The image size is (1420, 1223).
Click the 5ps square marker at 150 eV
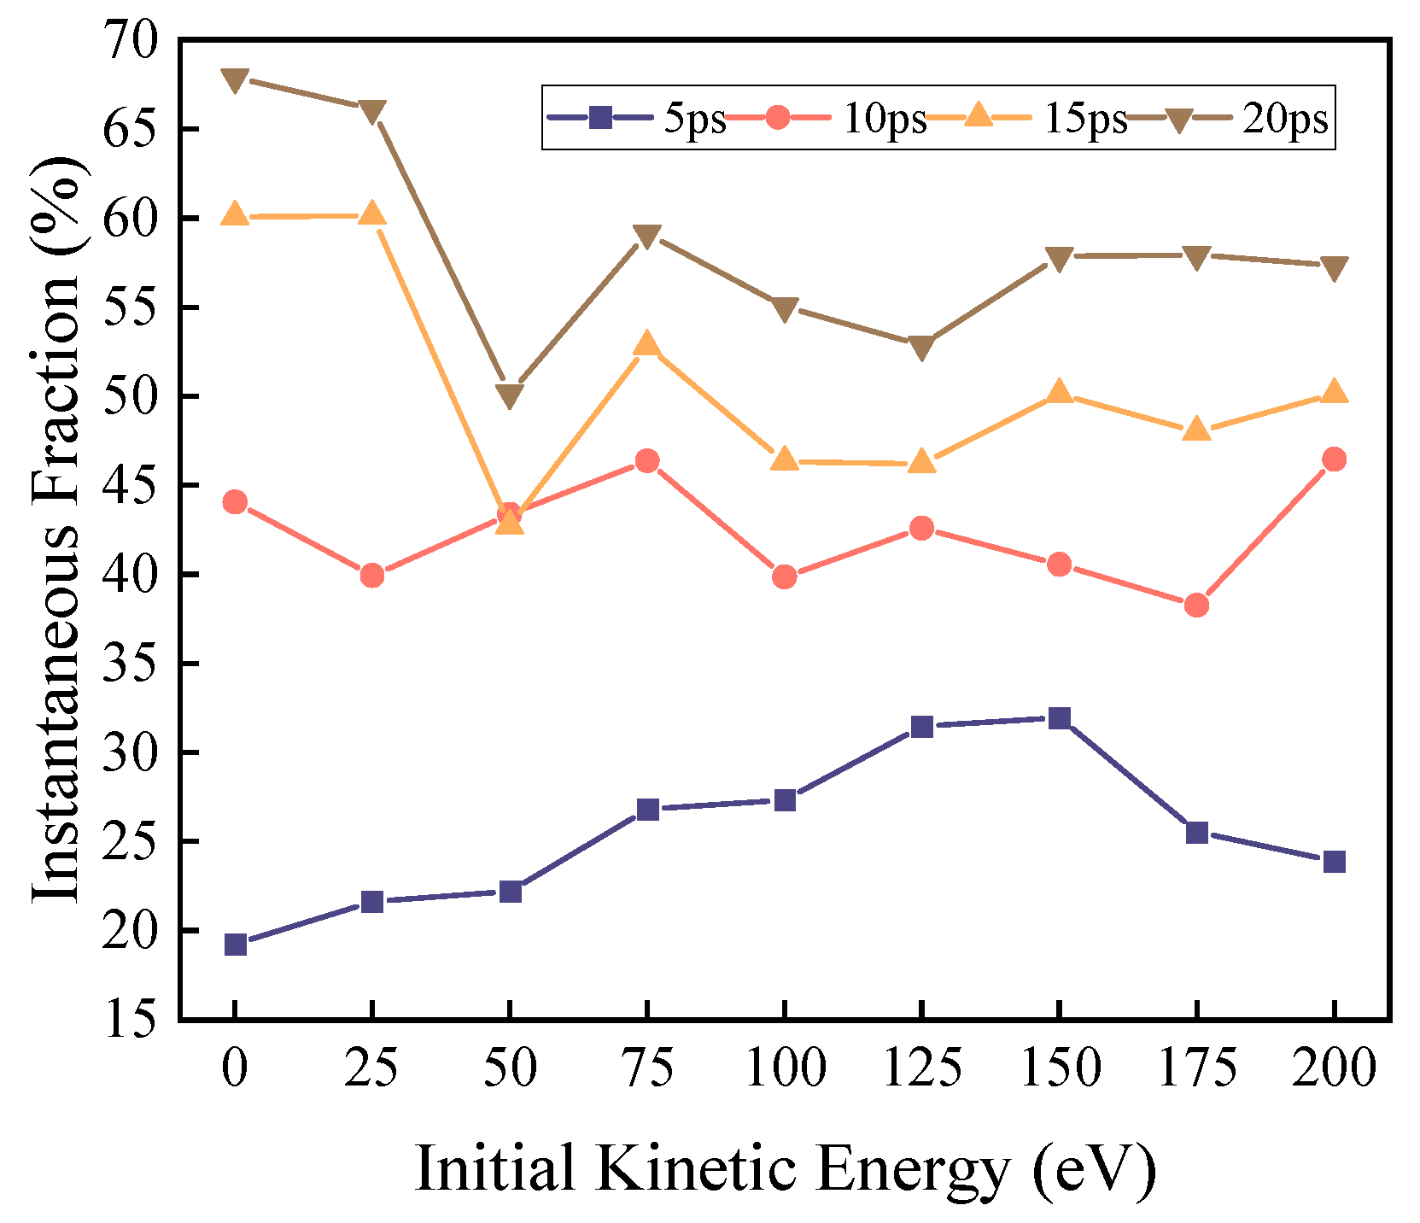1059,717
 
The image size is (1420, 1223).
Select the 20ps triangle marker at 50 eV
510,395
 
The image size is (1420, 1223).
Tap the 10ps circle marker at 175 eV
1196,605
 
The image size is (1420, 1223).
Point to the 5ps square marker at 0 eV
236,944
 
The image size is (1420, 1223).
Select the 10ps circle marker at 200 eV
1334,459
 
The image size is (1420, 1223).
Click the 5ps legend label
695,119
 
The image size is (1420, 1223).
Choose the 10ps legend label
885,119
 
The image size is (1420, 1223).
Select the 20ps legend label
1285,119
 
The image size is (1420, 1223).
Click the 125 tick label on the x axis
921,1068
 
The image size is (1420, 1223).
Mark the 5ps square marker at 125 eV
921,726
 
